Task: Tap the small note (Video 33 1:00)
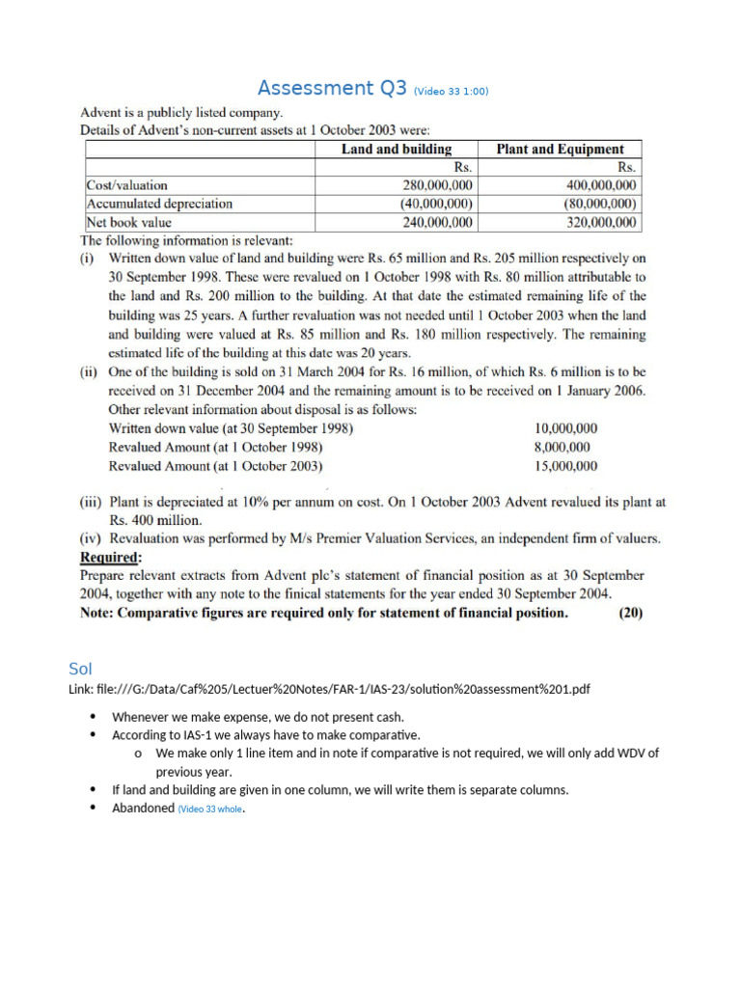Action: (x=451, y=92)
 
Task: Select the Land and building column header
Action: (x=397, y=149)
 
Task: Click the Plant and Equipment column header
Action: (x=560, y=149)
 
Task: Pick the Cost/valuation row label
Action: (x=126, y=185)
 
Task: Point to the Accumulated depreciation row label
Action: (x=159, y=204)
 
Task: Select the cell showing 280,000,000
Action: (x=437, y=185)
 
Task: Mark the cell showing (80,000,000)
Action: (x=599, y=204)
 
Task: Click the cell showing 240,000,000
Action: (x=437, y=222)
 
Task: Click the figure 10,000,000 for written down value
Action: (x=565, y=428)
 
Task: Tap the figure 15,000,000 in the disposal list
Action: (x=565, y=465)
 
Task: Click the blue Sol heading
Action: (x=79, y=668)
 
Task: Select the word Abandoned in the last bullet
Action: (x=143, y=809)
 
